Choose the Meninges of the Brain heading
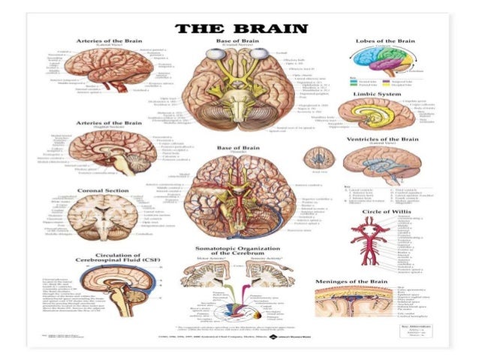click(382, 280)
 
